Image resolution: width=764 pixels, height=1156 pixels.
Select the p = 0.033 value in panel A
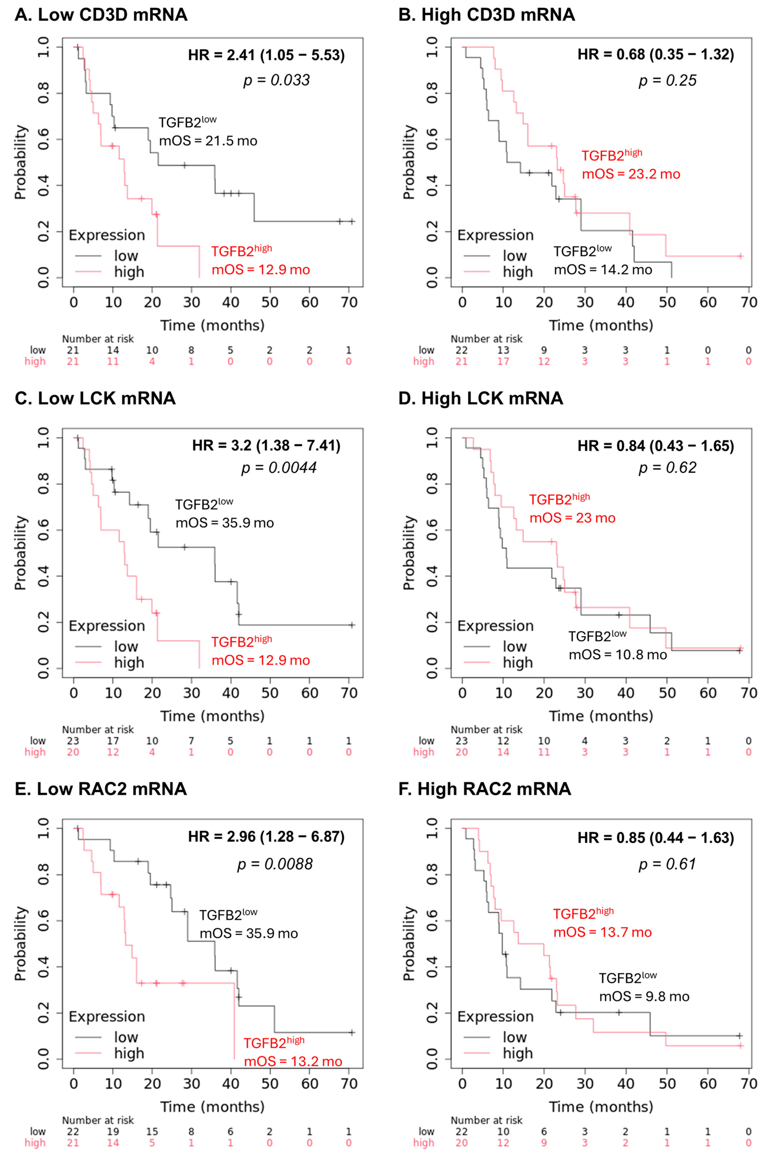[276, 80]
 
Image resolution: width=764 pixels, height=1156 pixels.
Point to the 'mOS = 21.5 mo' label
[208, 141]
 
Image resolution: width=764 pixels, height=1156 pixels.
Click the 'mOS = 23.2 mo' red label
[631, 174]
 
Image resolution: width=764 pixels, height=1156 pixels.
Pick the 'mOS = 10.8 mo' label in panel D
[618, 655]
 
